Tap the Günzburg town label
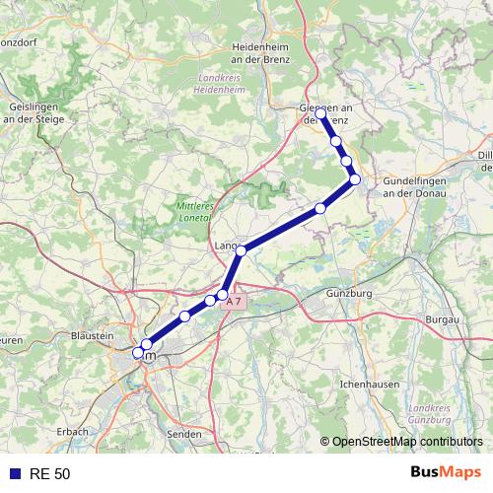pyautogui.click(x=348, y=294)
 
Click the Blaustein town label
pyautogui.click(x=93, y=335)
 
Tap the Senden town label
pyautogui.click(x=183, y=433)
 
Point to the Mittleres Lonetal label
pyautogui.click(x=195, y=211)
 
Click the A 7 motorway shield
pyautogui.click(x=233, y=304)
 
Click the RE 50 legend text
pyautogui.click(x=49, y=474)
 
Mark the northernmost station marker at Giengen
pyautogui.click(x=321, y=114)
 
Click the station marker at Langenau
pyautogui.click(x=242, y=250)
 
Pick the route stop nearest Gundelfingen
pyautogui.click(x=355, y=179)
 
